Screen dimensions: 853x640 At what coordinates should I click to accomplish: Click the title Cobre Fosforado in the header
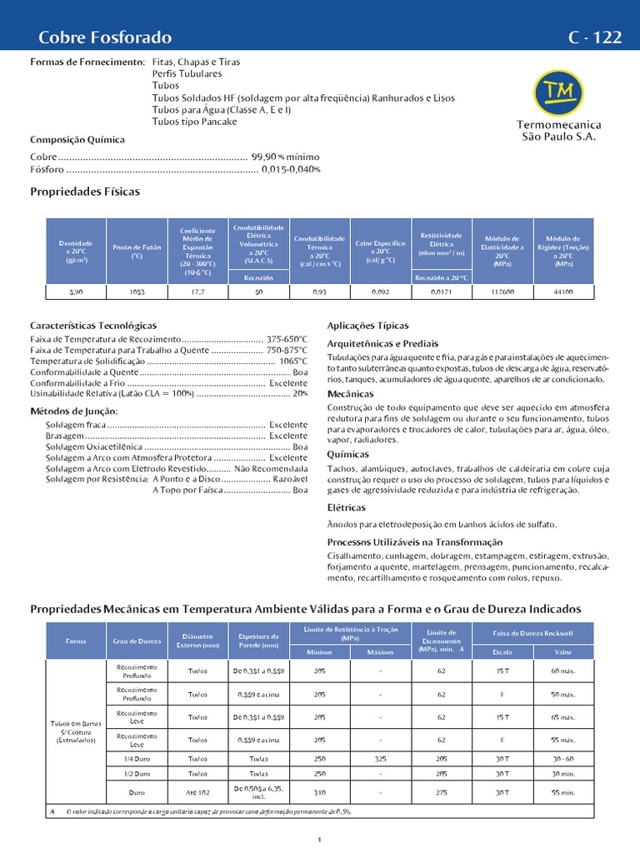[105, 37]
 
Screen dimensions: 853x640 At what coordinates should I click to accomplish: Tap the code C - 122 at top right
[595, 37]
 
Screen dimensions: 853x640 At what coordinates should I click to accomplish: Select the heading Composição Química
[77, 140]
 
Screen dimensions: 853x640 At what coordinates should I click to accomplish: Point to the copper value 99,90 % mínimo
[279, 157]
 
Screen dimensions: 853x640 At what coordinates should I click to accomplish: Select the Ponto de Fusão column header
[137, 252]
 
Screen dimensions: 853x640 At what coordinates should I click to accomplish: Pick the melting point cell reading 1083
[137, 292]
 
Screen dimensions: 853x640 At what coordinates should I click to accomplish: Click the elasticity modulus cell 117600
[502, 292]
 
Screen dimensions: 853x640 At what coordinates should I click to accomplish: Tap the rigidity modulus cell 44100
[562, 292]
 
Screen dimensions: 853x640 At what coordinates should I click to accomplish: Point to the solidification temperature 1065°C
[292, 362]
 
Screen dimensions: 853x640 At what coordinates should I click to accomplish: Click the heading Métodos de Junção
[74, 411]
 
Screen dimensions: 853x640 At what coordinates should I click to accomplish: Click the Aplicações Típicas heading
[367, 326]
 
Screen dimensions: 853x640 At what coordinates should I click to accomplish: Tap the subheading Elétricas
[346, 507]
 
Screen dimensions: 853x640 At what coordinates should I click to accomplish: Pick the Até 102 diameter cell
[197, 792]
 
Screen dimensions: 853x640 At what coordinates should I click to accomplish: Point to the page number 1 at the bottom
[320, 840]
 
